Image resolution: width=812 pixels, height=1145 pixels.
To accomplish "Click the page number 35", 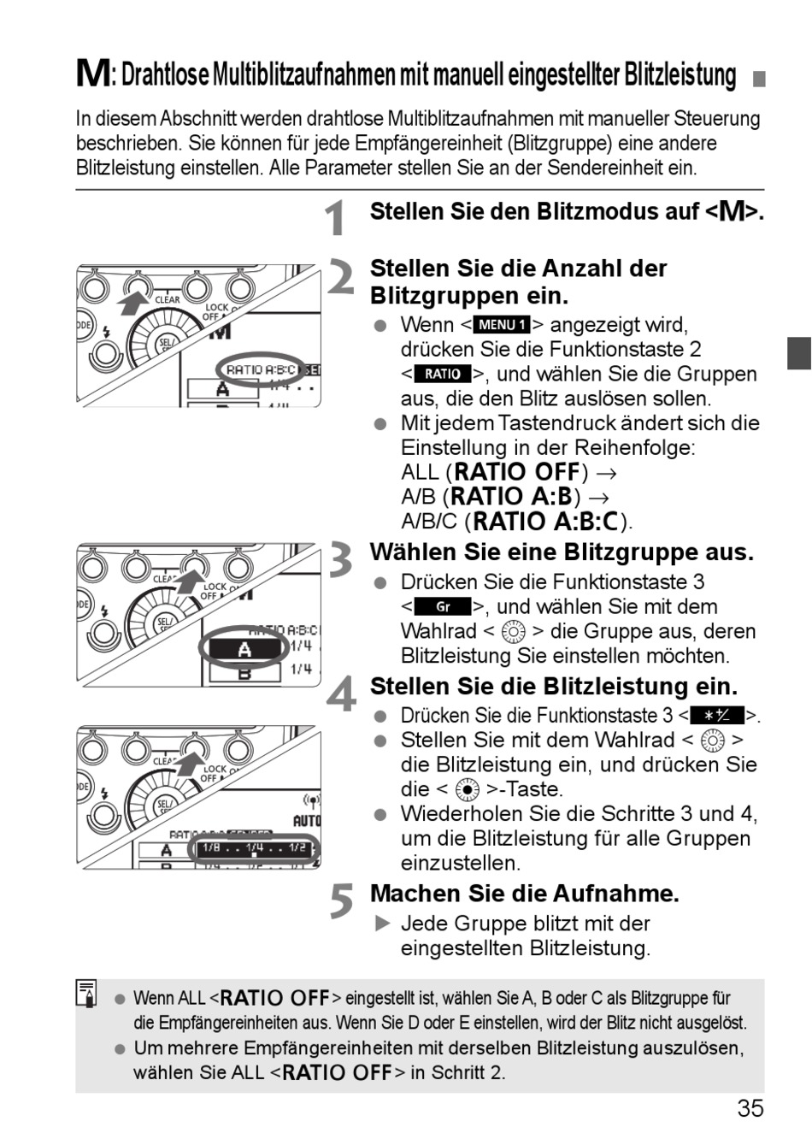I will tap(750, 1108).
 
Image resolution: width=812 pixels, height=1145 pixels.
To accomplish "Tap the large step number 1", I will tap(339, 217).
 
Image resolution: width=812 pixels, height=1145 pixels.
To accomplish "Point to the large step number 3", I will tap(341, 561).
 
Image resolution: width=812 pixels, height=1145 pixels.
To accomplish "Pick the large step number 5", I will tap(341, 901).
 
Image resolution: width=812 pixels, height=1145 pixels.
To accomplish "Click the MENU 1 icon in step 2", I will tap(502, 325).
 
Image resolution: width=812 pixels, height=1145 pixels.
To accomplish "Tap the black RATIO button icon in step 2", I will tap(443, 374).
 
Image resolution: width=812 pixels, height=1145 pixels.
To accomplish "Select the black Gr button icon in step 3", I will tap(443, 607).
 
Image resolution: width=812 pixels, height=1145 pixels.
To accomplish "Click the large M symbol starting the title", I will tap(92, 74).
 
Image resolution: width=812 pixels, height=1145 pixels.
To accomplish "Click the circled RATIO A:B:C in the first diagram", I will tap(261, 369).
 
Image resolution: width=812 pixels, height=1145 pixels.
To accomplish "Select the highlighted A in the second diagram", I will tap(244, 649).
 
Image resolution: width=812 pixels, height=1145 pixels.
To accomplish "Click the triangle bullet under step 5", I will tap(382, 924).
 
